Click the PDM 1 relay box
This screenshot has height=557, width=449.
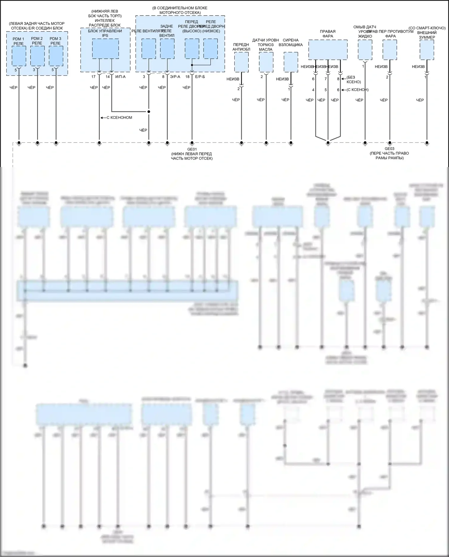point(19,56)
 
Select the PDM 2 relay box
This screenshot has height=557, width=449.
point(37,56)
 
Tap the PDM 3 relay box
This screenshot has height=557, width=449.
point(56,56)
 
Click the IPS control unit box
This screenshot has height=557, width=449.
point(105,49)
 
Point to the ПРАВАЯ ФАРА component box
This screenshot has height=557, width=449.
point(328,49)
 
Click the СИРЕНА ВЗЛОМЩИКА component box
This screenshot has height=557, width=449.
point(291,62)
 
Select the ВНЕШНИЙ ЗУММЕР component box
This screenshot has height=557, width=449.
point(427,50)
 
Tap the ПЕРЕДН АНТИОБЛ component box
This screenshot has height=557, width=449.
point(241,62)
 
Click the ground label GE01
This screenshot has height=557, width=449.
point(192,149)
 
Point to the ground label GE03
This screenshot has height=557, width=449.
point(389,149)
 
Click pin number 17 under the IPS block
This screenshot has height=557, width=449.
point(93,77)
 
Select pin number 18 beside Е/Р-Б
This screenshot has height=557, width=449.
point(187,77)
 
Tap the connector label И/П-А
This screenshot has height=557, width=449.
point(120,77)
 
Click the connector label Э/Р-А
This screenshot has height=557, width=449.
point(175,77)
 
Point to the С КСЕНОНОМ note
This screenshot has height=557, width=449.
point(119,118)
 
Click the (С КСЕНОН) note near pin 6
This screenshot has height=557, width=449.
point(357,90)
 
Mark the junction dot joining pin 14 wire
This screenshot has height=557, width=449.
point(149,112)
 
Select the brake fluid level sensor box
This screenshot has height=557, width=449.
point(266,62)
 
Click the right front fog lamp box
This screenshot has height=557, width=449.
point(390,50)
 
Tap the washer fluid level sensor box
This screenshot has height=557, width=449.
point(365,50)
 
